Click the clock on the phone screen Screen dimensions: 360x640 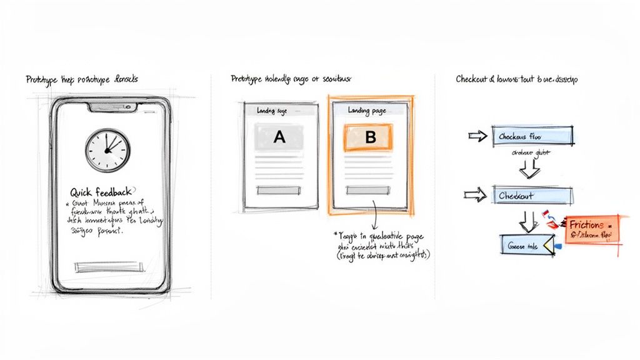[x=107, y=151]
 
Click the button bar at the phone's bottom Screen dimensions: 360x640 [x=109, y=267]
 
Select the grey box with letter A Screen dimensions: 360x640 [x=279, y=137]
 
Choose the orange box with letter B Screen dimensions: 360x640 [x=369, y=137]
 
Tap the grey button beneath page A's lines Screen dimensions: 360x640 [x=279, y=189]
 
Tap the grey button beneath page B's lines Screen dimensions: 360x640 [x=369, y=189]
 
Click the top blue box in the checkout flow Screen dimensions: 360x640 [x=533, y=136]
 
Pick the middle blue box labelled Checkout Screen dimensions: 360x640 [x=533, y=196]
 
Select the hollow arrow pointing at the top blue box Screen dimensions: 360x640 [x=478, y=136]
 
